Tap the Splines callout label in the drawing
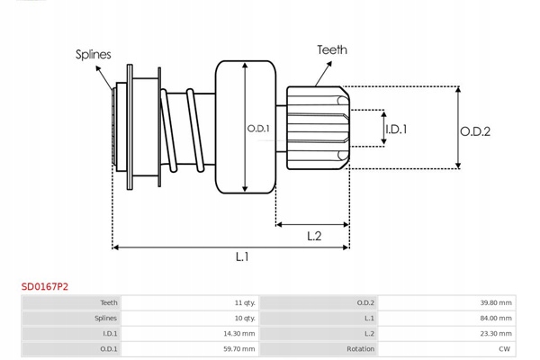click(93, 54)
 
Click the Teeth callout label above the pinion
click(331, 50)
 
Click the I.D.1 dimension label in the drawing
click(396, 130)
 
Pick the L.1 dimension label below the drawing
click(242, 257)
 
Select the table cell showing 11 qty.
click(244, 303)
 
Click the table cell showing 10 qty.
click(244, 319)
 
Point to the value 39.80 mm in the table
click(495, 303)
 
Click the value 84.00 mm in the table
click(495, 319)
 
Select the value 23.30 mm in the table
click(495, 334)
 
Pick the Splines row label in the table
click(105, 319)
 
